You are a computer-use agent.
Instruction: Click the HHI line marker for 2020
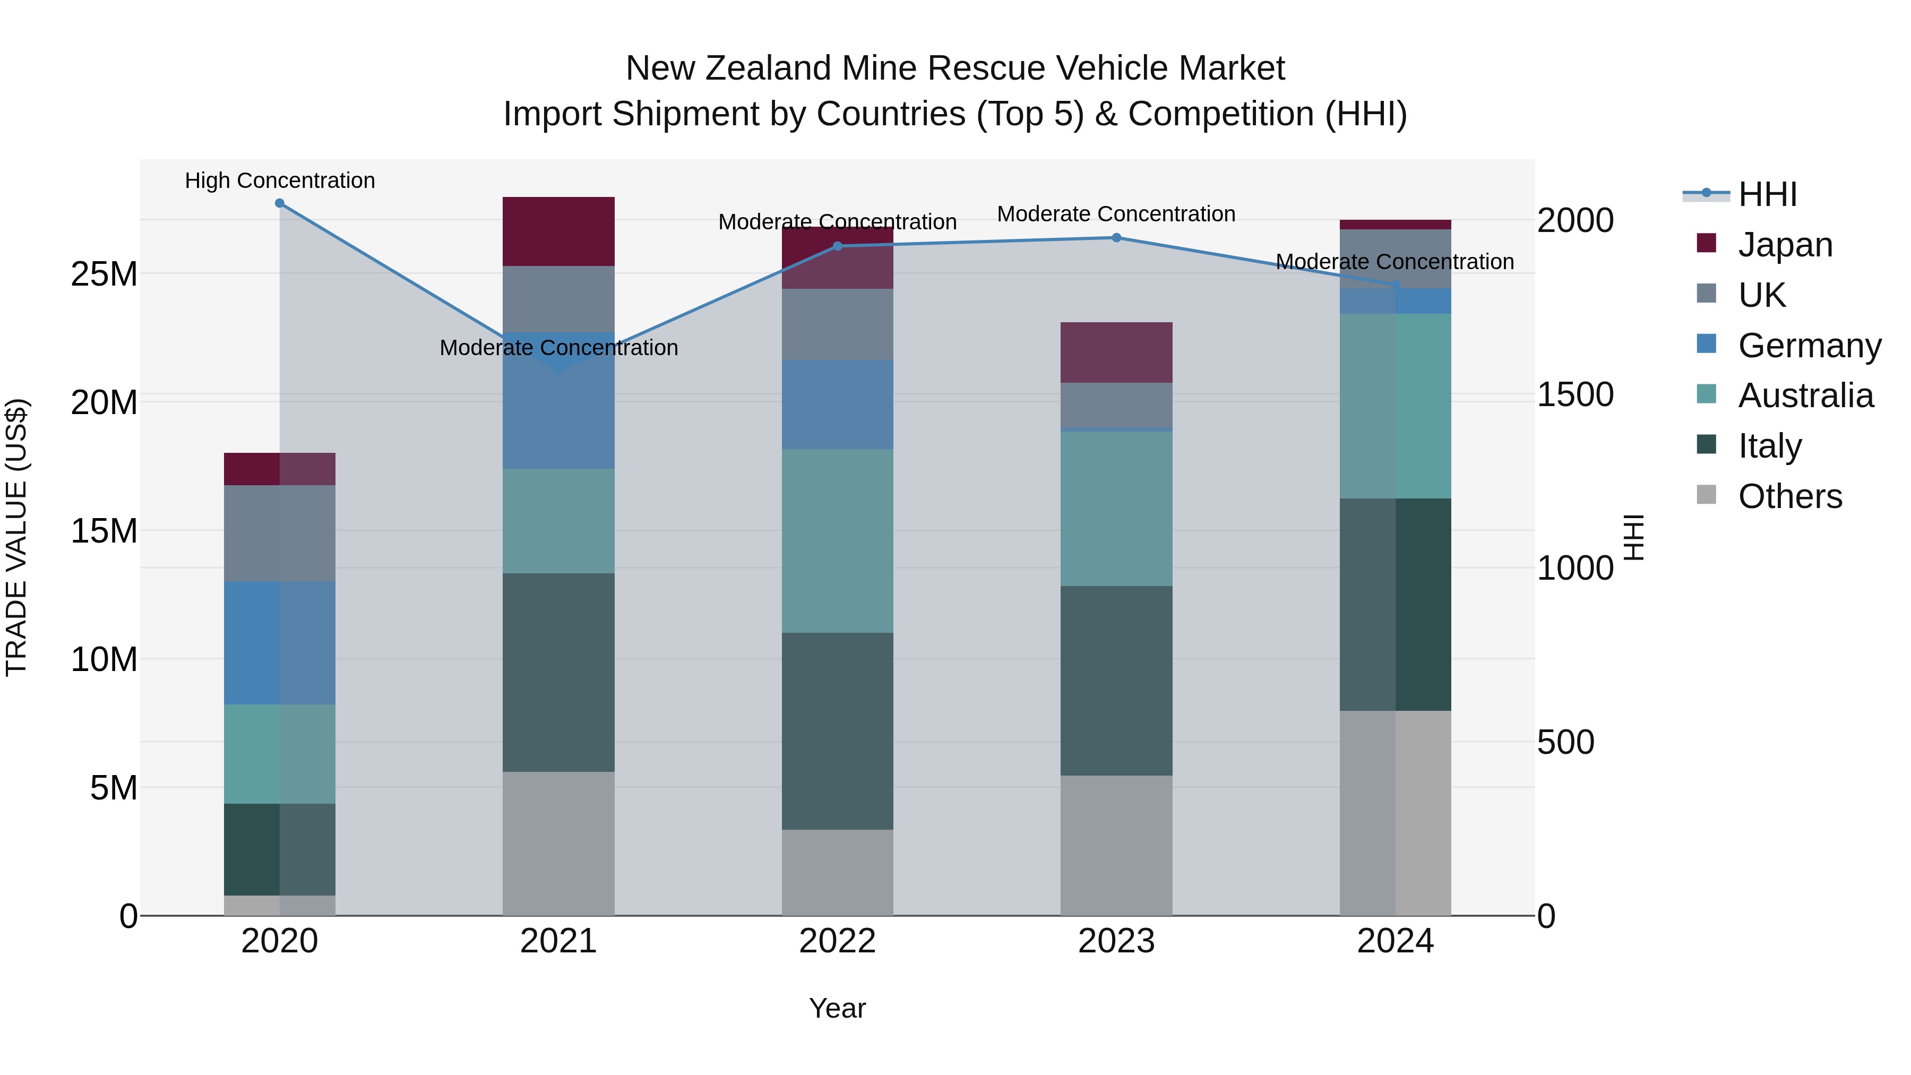coord(280,203)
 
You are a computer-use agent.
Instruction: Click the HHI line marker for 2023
coord(1116,237)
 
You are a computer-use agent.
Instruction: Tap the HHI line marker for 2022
coord(838,246)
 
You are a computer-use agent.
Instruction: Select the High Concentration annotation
coord(280,180)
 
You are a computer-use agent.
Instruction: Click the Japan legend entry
coord(1784,244)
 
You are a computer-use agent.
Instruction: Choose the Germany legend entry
coord(1809,345)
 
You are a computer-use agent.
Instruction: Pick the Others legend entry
coord(1789,496)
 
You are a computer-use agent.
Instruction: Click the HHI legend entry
coord(1767,194)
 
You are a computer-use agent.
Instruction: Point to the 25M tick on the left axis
coord(104,274)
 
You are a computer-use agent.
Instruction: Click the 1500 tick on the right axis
coord(1574,394)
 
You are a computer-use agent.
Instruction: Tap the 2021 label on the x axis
coord(558,941)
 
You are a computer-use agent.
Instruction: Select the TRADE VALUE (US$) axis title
coord(16,537)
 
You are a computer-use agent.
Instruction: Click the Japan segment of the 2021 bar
coord(558,231)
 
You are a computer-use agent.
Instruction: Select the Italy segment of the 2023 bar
coord(1116,681)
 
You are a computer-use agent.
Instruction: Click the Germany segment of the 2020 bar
coord(280,642)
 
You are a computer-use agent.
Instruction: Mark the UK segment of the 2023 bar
coord(1116,405)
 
